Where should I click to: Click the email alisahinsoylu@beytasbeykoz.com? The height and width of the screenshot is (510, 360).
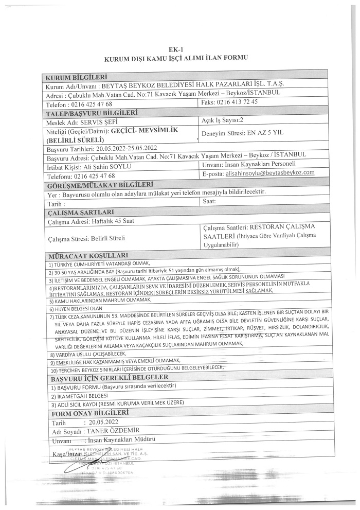(x=270, y=173)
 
